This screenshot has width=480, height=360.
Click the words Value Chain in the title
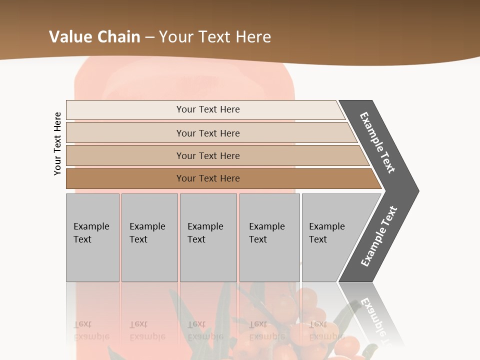pyautogui.click(x=94, y=37)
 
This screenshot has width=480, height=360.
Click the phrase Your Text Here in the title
pyautogui.click(x=215, y=37)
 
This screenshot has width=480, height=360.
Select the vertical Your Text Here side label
pyautogui.click(x=57, y=144)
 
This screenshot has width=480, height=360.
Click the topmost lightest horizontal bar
pyautogui.click(x=125, y=110)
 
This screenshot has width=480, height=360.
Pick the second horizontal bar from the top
pyautogui.click(x=125, y=133)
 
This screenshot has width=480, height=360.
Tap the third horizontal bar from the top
pyautogui.click(x=125, y=155)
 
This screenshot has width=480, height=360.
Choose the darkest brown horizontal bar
pyautogui.click(x=125, y=178)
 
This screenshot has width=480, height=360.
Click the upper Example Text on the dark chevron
pyautogui.click(x=377, y=142)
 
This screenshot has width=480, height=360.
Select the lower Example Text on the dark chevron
pyautogui.click(x=378, y=236)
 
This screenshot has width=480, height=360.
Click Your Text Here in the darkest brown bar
pyautogui.click(x=208, y=178)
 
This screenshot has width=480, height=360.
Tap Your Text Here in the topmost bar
pyautogui.click(x=208, y=109)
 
